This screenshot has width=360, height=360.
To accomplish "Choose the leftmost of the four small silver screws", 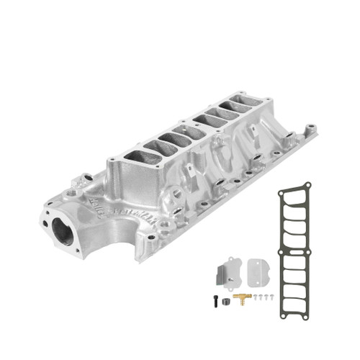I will [252, 297].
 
